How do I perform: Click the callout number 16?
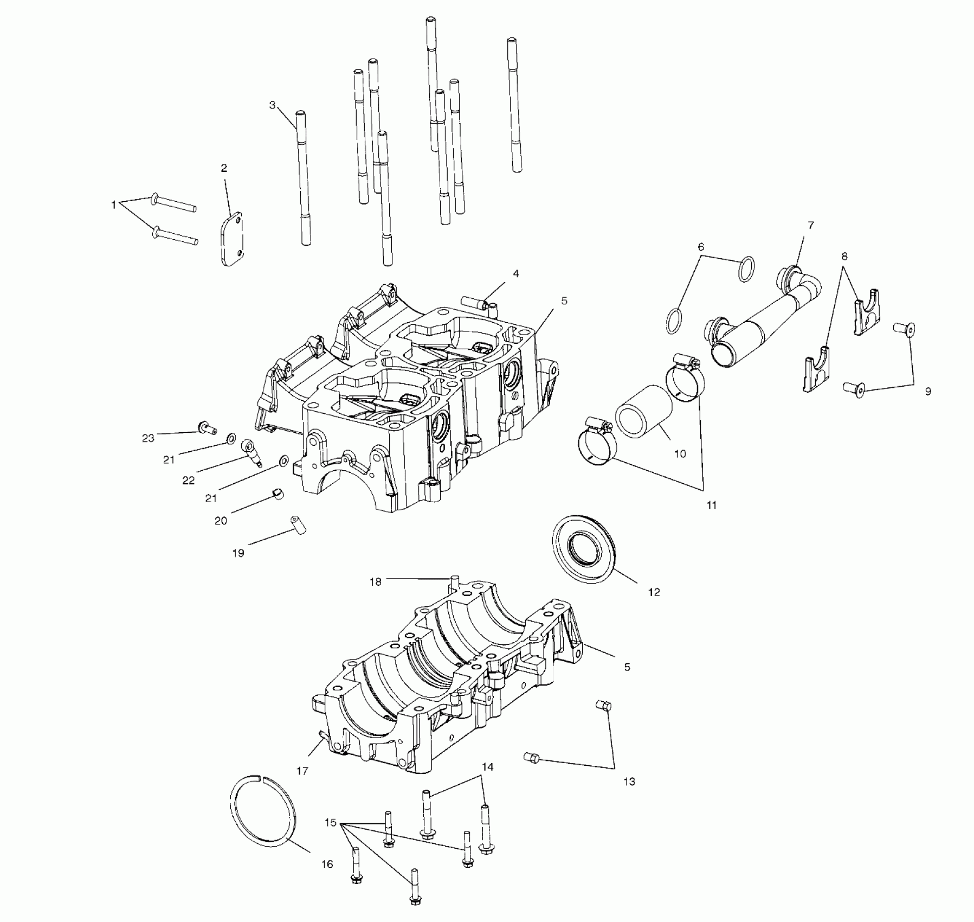[x=327, y=864]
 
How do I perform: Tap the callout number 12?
[x=654, y=592]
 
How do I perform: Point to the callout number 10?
[x=680, y=453]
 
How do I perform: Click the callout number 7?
[x=811, y=225]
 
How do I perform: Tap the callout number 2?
[x=224, y=168]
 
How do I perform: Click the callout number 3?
[x=273, y=105]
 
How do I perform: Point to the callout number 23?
[x=148, y=438]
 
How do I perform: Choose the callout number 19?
[x=238, y=553]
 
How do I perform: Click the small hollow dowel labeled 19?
[x=298, y=524]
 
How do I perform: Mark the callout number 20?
[x=221, y=521]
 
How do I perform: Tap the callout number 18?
[x=376, y=581]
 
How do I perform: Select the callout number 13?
[x=629, y=782]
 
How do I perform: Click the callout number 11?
[x=712, y=505]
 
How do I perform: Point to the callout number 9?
[x=928, y=391]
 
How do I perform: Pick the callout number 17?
[x=302, y=770]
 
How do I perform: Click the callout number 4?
[x=516, y=274]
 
